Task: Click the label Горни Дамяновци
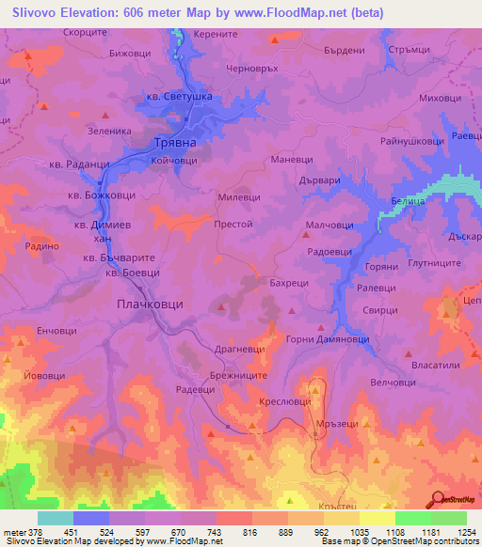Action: pyautogui.click(x=324, y=338)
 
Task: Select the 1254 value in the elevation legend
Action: pyautogui.click(x=453, y=534)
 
